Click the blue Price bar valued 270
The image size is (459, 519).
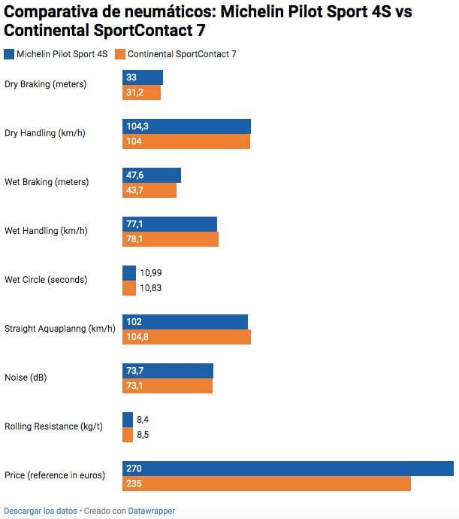click(288, 469)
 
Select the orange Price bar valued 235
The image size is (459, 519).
click(267, 484)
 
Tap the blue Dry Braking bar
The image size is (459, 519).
click(143, 77)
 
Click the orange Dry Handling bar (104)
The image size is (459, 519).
click(186, 141)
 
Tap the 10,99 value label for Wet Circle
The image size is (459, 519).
click(151, 273)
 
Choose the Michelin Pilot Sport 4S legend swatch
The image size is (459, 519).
click(9, 54)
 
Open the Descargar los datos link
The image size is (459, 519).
click(41, 511)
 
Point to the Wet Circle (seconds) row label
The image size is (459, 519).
click(46, 280)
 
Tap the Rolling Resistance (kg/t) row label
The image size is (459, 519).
click(53, 426)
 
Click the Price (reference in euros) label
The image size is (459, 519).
click(55, 475)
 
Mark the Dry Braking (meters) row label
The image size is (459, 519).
click(46, 84)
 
